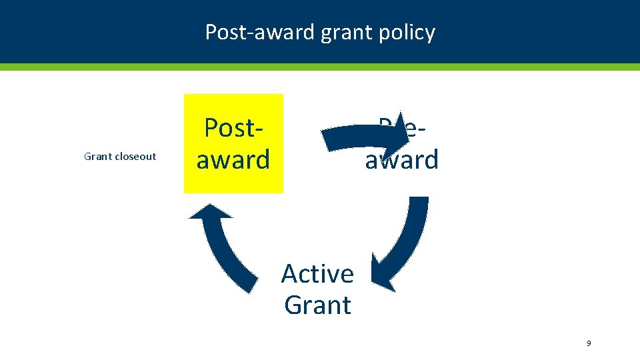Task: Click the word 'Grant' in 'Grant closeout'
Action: click(x=97, y=157)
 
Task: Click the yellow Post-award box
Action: click(x=233, y=143)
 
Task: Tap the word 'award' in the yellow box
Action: click(x=233, y=160)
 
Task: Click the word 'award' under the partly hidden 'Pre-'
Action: click(x=402, y=160)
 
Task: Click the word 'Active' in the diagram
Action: click(x=317, y=274)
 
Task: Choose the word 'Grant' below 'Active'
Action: click(x=317, y=305)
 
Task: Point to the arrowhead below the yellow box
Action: click(x=211, y=210)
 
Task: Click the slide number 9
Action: click(x=588, y=343)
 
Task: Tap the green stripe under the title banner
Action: click(x=320, y=67)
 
